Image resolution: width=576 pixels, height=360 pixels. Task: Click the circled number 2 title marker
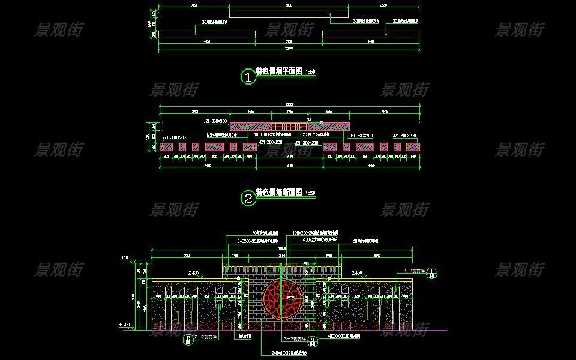[248, 198]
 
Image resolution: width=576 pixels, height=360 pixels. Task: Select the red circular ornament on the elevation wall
[282, 298]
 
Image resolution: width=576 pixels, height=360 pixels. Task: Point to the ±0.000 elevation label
[126, 324]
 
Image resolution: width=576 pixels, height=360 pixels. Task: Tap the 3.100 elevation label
[126, 257]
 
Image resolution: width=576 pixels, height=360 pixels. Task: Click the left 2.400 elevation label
[194, 273]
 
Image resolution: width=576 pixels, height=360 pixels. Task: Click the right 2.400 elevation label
[357, 273]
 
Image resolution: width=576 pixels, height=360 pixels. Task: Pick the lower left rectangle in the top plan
[207, 34]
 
